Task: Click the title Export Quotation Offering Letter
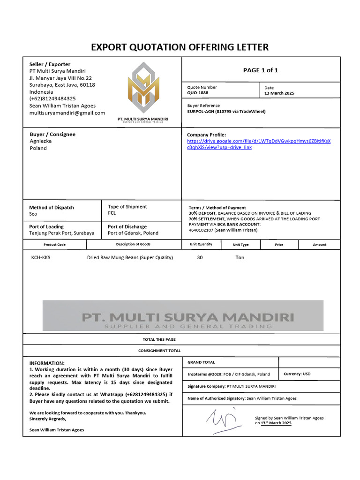(180, 47)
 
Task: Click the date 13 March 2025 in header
(279, 93)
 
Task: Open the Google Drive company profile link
(258, 144)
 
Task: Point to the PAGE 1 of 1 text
(260, 70)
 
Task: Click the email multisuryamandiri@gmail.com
(67, 113)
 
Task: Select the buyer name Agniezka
(41, 141)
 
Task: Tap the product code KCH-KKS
(41, 257)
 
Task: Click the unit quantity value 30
(200, 257)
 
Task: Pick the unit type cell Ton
(240, 257)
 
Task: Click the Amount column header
(319, 245)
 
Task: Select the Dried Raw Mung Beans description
(130, 257)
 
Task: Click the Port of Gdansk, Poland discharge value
(133, 233)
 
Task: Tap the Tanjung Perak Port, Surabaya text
(61, 233)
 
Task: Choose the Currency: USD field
(297, 374)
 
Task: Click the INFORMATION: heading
(47, 363)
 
